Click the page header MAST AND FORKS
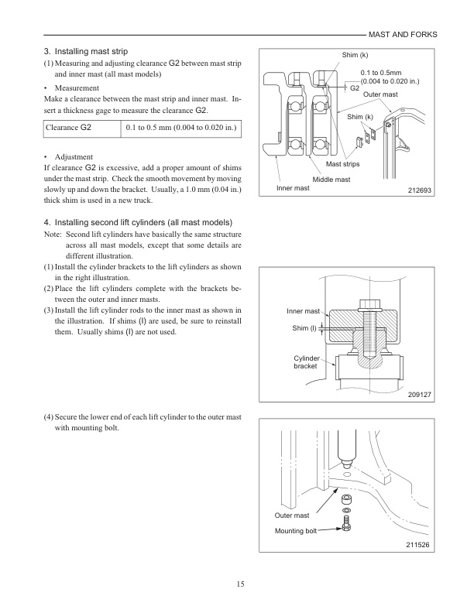(x=403, y=35)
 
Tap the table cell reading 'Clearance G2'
(x=69, y=126)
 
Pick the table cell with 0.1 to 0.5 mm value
(x=180, y=126)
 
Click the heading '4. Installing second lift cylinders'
(x=133, y=223)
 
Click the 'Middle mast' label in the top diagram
(x=331, y=179)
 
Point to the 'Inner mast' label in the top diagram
(x=292, y=188)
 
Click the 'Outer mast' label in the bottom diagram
(x=292, y=514)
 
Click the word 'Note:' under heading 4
(x=53, y=235)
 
